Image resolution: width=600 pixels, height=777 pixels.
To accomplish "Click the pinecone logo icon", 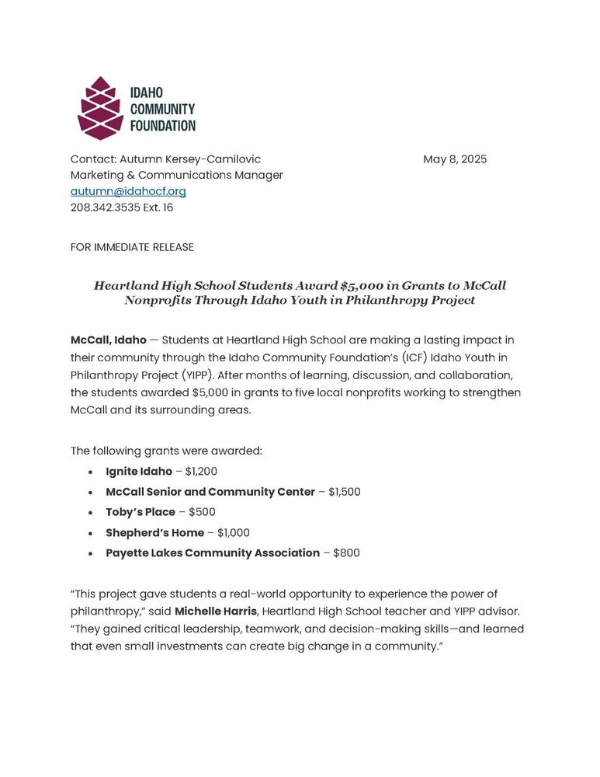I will (x=100, y=108).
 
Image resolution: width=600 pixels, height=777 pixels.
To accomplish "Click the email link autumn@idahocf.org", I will (x=128, y=191).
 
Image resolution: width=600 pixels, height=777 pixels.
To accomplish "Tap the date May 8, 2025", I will (x=455, y=159).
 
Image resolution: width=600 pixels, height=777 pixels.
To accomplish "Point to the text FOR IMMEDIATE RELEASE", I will (x=132, y=247).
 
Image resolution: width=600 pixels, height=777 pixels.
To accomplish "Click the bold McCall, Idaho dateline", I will (x=108, y=340).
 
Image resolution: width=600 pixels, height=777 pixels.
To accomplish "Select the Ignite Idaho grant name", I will (x=139, y=472).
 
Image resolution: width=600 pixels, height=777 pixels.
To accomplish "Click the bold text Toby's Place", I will (x=140, y=512).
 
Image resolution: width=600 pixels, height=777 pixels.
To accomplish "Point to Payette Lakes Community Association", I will (x=213, y=553).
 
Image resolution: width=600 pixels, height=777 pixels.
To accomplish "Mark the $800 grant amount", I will (x=346, y=553).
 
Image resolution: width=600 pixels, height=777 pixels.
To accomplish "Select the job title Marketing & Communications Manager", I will (x=176, y=176).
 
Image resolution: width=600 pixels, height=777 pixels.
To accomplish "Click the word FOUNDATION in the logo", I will (x=163, y=125).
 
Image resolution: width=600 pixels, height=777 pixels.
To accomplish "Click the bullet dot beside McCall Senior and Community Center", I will (x=92, y=493).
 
